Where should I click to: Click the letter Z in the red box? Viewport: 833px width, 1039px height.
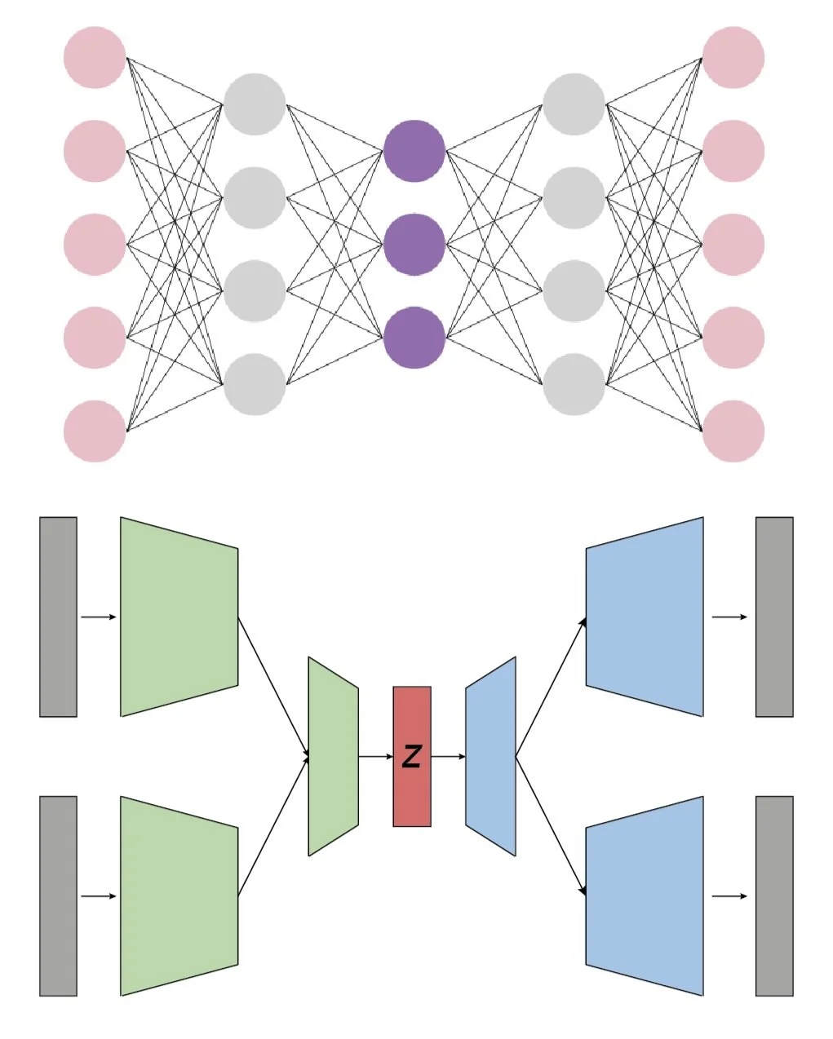point(412,757)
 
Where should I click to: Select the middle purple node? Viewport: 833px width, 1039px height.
point(414,244)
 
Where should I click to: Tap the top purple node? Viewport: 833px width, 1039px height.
point(414,151)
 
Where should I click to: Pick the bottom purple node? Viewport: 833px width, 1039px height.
point(414,337)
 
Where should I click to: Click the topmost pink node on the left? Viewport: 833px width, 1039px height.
point(95,57)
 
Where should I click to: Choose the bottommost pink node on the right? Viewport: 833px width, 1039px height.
point(733,431)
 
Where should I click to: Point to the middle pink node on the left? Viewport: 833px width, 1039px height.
point(95,244)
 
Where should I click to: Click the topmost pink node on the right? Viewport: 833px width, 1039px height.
point(733,57)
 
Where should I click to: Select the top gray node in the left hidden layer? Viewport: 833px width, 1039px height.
point(255,104)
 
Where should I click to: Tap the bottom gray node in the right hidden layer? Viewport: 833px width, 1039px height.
point(574,384)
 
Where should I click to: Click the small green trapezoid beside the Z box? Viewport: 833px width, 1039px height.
point(333,757)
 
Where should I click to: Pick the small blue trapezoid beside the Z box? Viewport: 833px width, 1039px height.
point(490,757)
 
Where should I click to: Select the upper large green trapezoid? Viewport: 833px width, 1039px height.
point(179,617)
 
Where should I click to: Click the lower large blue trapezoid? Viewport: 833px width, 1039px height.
point(645,895)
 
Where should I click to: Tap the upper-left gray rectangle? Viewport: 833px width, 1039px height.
point(58,617)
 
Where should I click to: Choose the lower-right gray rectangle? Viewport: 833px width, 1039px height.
point(774,895)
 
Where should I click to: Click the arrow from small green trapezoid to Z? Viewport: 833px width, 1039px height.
point(375,757)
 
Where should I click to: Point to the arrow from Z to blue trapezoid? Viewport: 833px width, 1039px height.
point(448,757)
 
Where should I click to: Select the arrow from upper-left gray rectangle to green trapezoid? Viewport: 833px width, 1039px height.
point(99,617)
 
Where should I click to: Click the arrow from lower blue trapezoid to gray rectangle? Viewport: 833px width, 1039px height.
point(729,896)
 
